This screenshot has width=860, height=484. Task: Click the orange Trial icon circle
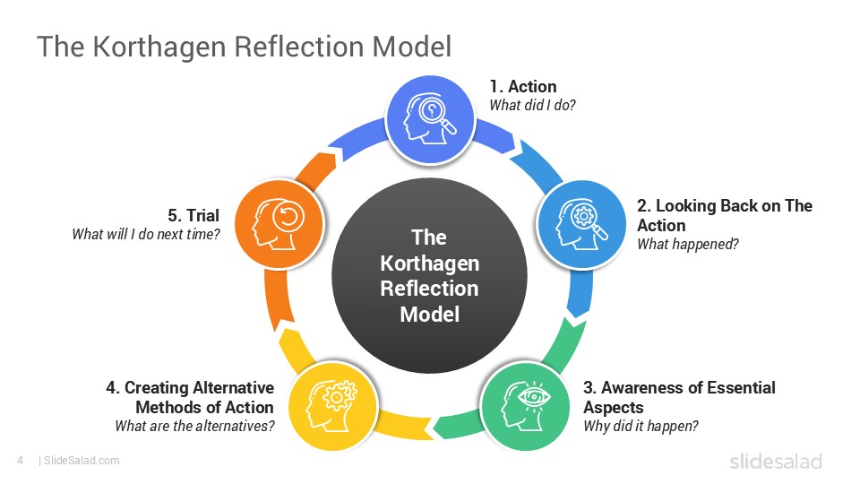click(x=277, y=220)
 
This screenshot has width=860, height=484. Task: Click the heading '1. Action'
click(x=522, y=87)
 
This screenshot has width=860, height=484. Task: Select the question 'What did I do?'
click(x=532, y=105)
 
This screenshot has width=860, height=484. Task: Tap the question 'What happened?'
click(x=687, y=243)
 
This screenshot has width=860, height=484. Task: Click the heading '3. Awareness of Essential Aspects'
click(x=679, y=397)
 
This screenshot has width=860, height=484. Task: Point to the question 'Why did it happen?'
click(x=641, y=426)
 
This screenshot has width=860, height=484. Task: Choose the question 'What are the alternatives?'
click(x=194, y=426)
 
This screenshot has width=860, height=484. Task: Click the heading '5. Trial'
click(x=193, y=216)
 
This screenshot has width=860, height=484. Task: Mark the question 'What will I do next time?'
click(x=146, y=235)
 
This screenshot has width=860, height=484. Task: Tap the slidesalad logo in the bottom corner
click(x=775, y=462)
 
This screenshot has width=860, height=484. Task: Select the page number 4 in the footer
click(x=19, y=461)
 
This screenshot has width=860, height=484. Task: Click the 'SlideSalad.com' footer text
click(x=82, y=461)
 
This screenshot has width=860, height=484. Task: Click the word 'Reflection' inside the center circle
click(x=429, y=289)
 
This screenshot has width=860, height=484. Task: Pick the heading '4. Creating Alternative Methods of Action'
click(x=190, y=397)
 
